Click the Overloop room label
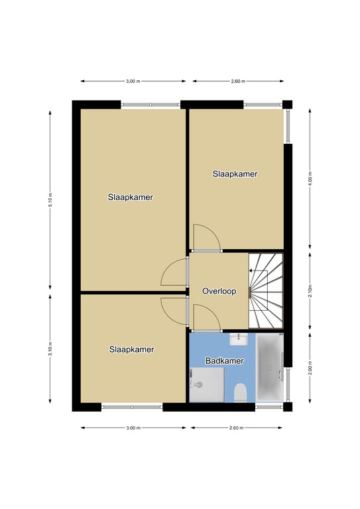[219, 291]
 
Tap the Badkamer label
[225, 361]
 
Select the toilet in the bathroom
[241, 392]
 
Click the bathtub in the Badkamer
[269, 368]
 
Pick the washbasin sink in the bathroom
[239, 339]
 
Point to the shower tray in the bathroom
[207, 384]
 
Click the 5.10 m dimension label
[50, 199]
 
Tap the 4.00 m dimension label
[310, 178]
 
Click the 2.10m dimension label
[310, 291]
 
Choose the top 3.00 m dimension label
[133, 81]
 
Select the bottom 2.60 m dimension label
[236, 428]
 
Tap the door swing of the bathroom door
[207, 316]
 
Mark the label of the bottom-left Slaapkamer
[131, 349]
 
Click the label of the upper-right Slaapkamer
[235, 174]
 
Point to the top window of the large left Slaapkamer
[150, 105]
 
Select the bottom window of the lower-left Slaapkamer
[132, 407]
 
